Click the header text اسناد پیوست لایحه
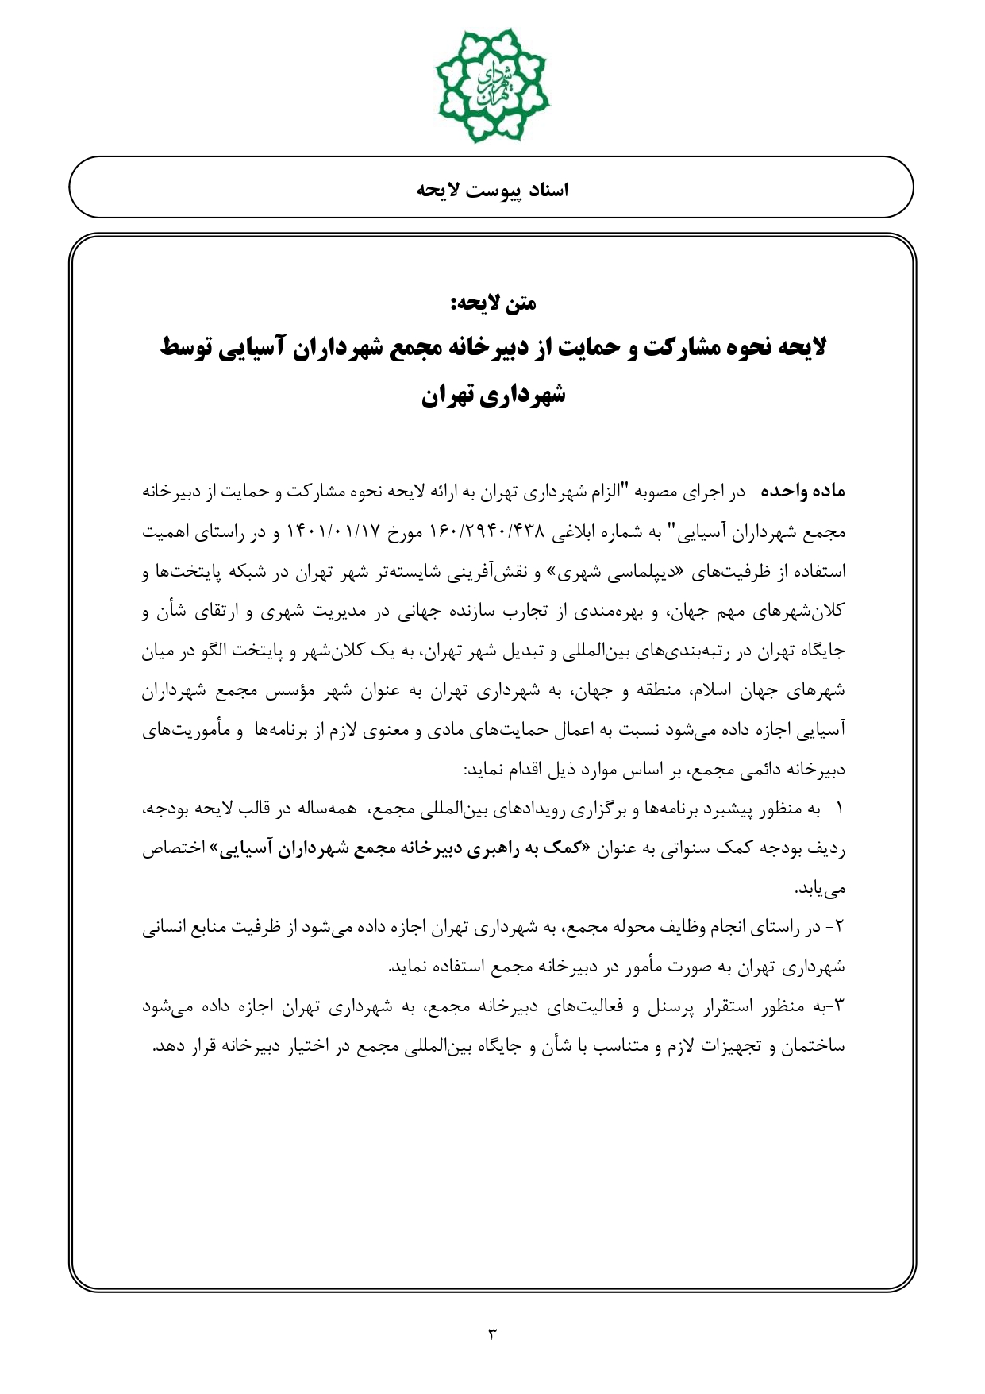pyautogui.click(x=492, y=191)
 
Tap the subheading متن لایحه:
pyautogui.click(x=493, y=303)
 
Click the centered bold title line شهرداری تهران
pyautogui.click(x=493, y=395)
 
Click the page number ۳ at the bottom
pyautogui.click(x=491, y=1334)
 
